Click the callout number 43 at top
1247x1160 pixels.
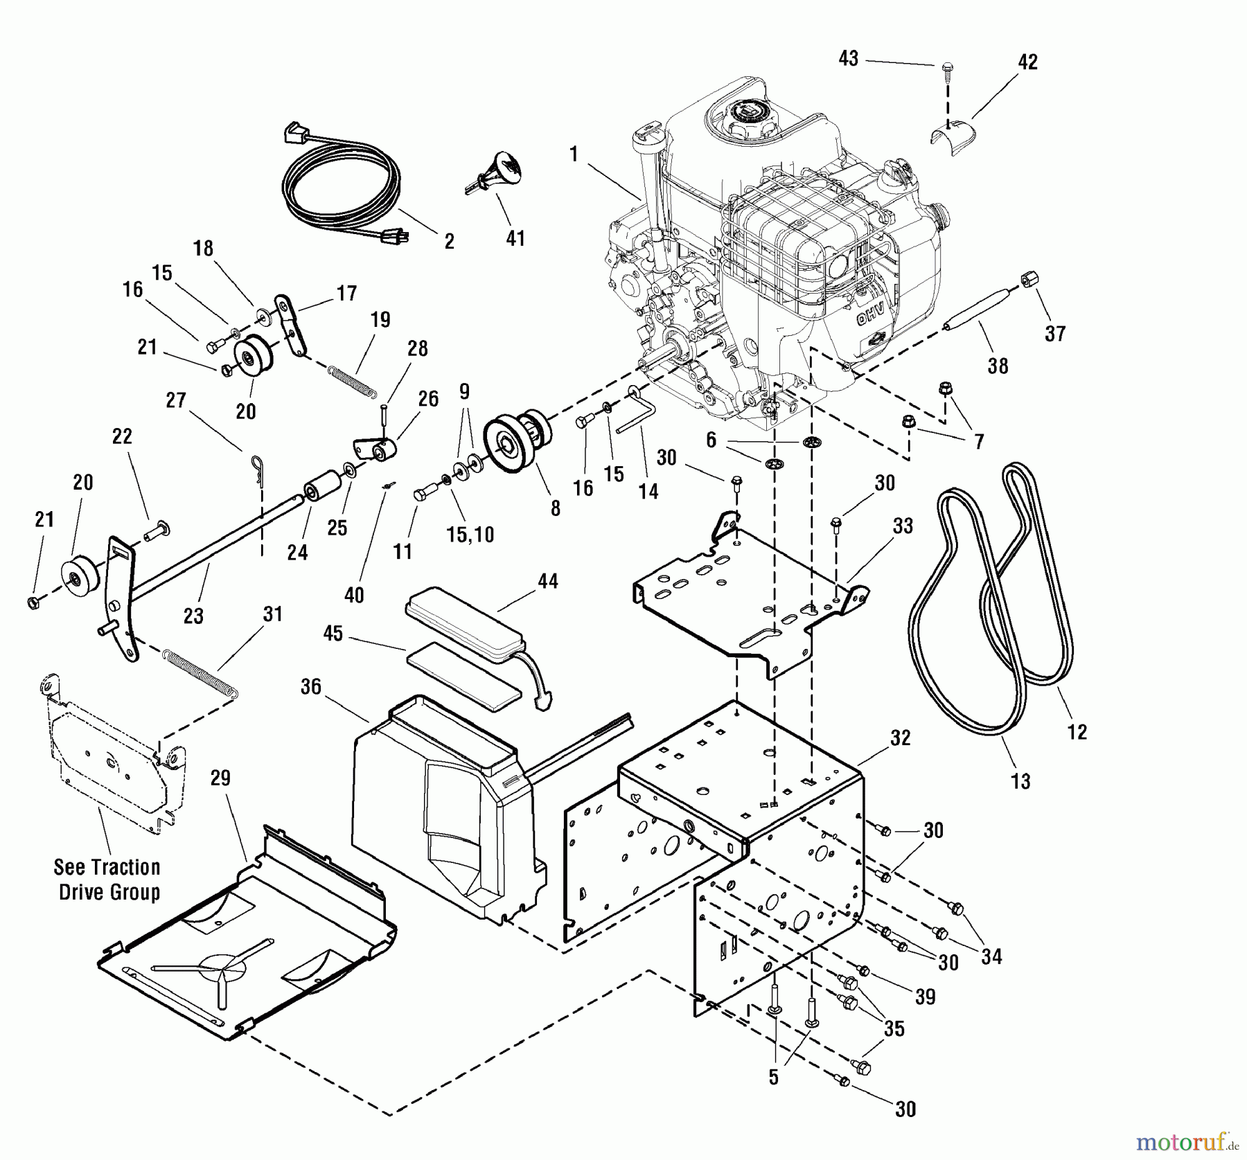pos(848,59)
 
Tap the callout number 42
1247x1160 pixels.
pos(1027,62)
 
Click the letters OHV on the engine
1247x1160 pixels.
pos(872,316)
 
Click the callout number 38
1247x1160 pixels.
pos(998,366)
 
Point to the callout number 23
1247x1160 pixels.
pos(193,615)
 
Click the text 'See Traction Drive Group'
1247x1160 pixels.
pos(108,880)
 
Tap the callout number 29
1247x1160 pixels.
pos(220,778)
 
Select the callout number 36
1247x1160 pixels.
pos(311,686)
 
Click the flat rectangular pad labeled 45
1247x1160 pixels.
pos(463,676)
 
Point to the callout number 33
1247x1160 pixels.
pos(903,526)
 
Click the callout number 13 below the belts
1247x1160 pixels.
pos(1020,782)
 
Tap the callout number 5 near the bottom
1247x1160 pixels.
pos(774,1078)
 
